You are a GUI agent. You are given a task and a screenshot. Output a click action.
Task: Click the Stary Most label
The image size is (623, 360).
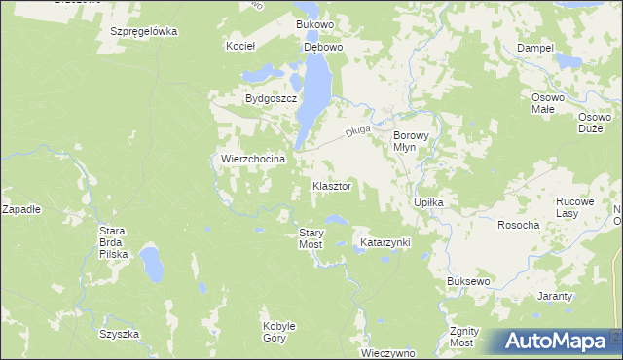pos(311,238)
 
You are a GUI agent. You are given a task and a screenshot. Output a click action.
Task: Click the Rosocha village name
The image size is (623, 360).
pos(518,225)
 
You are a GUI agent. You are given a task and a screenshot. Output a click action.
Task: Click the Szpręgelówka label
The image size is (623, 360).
pos(143,31)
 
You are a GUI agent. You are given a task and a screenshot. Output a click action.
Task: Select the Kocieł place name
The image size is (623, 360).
pos(239,46)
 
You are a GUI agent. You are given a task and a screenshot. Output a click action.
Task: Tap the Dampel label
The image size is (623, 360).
pos(535,48)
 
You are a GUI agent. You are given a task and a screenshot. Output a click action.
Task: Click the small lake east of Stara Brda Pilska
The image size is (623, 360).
pos(151,263)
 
